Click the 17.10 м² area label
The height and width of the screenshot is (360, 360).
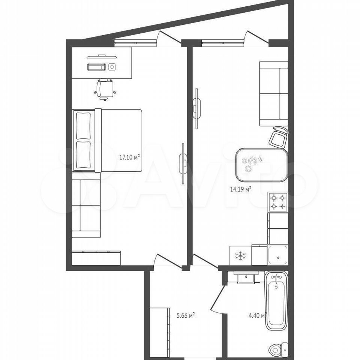pyautogui.click(x=129, y=157)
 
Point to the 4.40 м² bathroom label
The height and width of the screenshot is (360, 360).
pyautogui.click(x=257, y=315)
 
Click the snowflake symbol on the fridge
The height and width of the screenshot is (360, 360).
pyautogui.click(x=240, y=256)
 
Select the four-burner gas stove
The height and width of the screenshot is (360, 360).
pyautogui.click(x=278, y=202)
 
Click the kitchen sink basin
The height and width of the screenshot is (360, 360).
pyautogui.click(x=278, y=255)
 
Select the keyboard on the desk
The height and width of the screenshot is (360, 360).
pyautogui.click(x=96, y=67)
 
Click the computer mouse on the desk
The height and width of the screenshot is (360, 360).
pyautogui.click(x=112, y=67)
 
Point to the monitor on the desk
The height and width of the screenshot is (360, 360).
pyautogui.click(x=102, y=57)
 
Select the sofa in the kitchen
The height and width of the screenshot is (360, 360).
pyautogui.click(x=274, y=94)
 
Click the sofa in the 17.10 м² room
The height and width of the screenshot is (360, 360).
pyautogui.click(x=86, y=205)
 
